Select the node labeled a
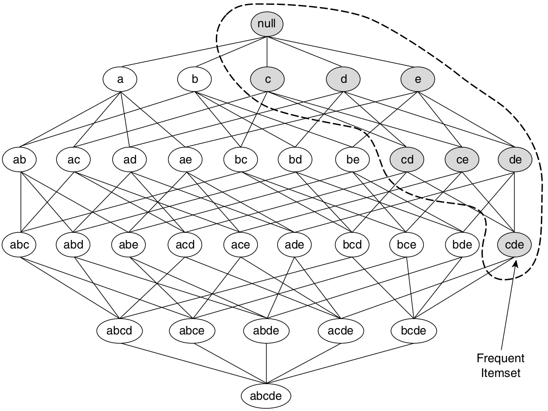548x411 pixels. click(x=120, y=80)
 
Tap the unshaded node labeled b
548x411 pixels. click(x=194, y=80)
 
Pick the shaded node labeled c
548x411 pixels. click(x=267, y=80)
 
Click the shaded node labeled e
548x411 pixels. click(x=418, y=80)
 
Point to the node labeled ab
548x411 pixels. click(x=19, y=159)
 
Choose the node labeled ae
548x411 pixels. click(x=185, y=159)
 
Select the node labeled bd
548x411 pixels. click(x=295, y=159)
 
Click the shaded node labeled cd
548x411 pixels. click(x=407, y=159)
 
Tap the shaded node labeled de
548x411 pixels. click(x=515, y=159)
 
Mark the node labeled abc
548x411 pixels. click(x=19, y=245)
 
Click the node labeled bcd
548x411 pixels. click(x=352, y=245)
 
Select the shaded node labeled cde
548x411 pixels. click(x=514, y=245)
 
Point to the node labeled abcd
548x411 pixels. click(x=120, y=331)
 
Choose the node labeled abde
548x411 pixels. click(x=266, y=331)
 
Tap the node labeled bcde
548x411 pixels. click(x=414, y=331)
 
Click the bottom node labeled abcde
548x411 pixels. click(x=266, y=396)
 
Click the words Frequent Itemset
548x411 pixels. click(x=501, y=365)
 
